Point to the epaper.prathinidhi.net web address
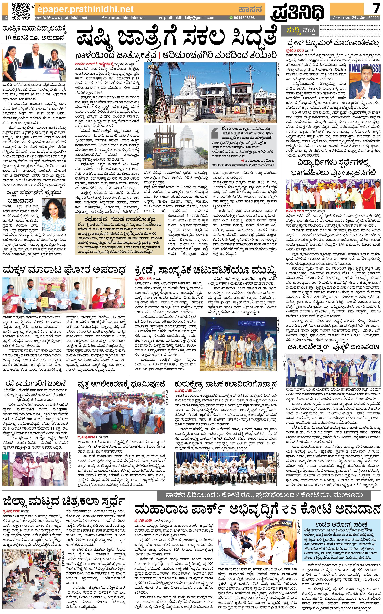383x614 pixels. point(85,9)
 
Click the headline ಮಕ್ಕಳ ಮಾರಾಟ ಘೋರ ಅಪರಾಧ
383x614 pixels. point(64,270)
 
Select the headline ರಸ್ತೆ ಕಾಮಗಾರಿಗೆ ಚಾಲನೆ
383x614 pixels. point(36,384)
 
